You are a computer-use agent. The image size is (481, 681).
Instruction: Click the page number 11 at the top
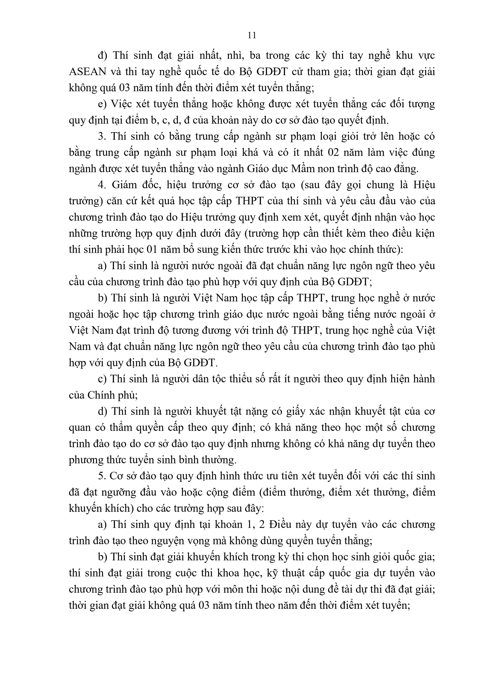(252, 35)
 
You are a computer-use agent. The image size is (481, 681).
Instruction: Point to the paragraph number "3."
(102, 137)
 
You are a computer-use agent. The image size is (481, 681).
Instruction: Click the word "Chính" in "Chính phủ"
(100, 395)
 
